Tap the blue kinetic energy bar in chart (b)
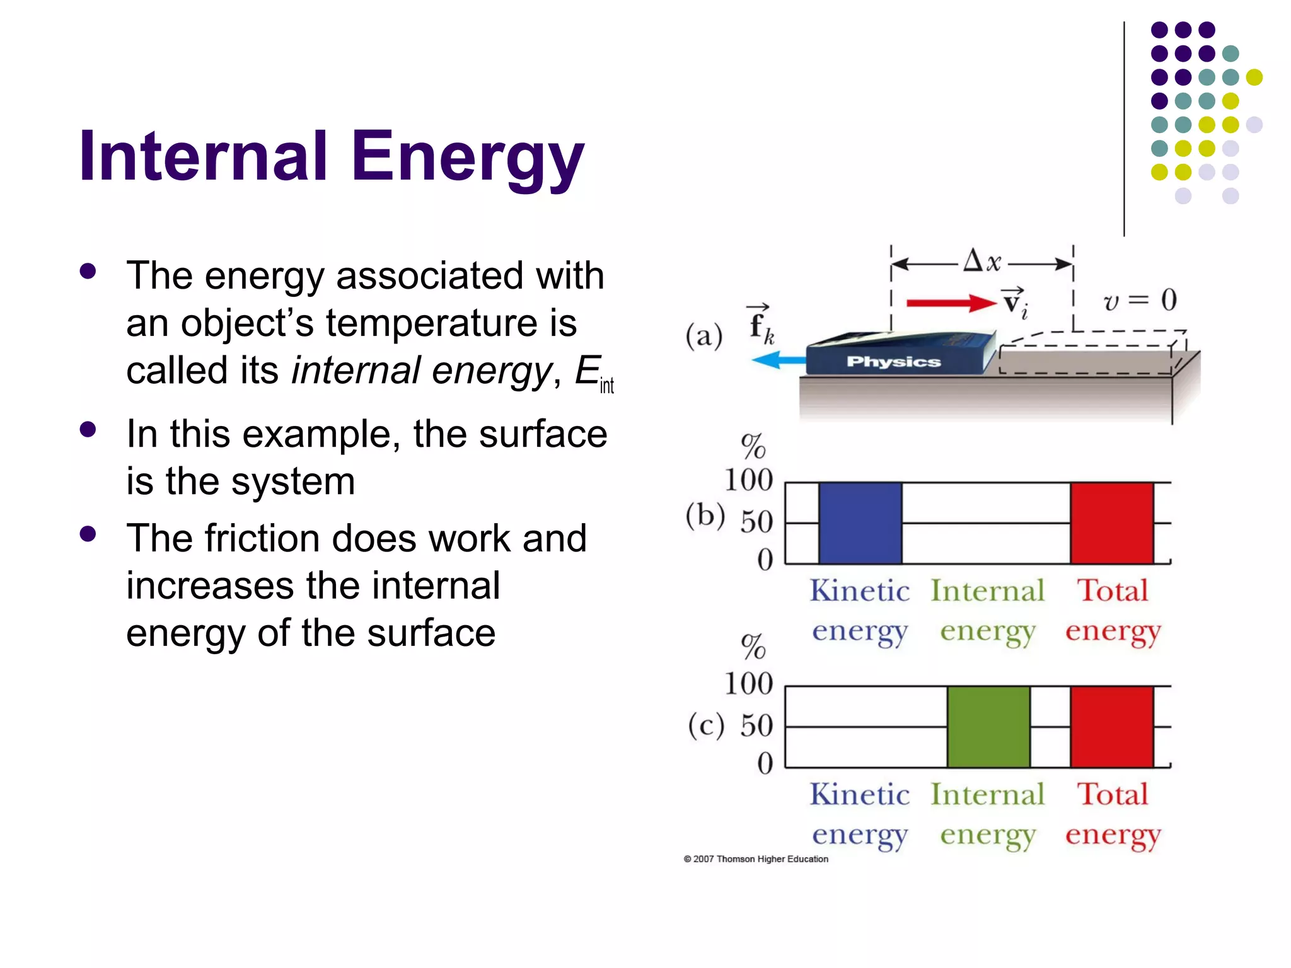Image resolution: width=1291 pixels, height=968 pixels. point(860,522)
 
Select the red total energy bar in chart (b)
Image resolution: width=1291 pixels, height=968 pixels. point(1111,522)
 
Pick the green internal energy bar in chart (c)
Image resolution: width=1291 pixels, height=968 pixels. point(988,727)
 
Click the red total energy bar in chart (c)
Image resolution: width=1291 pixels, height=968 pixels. point(1111,727)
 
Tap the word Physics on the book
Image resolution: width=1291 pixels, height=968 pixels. point(893,362)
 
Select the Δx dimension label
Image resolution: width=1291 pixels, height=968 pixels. point(982,261)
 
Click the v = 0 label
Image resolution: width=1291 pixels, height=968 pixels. point(1140,300)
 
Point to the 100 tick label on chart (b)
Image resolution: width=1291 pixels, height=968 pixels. point(748,480)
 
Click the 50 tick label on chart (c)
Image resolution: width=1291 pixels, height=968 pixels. point(756,725)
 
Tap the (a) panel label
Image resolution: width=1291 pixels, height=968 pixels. point(703,335)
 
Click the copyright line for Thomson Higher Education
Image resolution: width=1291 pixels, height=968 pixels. point(756,859)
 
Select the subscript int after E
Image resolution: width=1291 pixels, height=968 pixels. point(606,385)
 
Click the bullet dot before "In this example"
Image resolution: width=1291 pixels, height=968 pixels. point(88,430)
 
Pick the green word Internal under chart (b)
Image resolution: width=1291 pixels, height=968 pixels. point(987,591)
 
